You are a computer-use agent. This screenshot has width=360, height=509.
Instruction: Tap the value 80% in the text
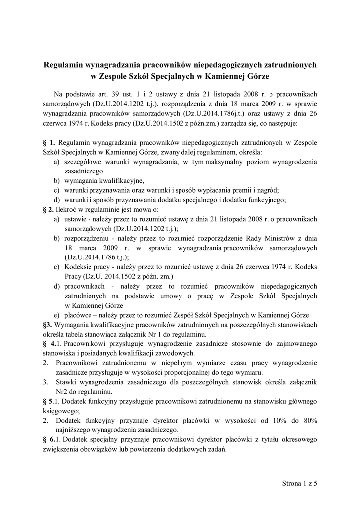point(307,420)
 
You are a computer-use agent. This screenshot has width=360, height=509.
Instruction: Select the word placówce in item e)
point(78,315)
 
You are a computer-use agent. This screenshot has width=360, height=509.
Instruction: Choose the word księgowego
point(59,411)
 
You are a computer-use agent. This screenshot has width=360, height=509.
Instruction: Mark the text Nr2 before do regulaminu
point(61,391)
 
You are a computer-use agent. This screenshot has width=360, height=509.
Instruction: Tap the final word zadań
point(216,449)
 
